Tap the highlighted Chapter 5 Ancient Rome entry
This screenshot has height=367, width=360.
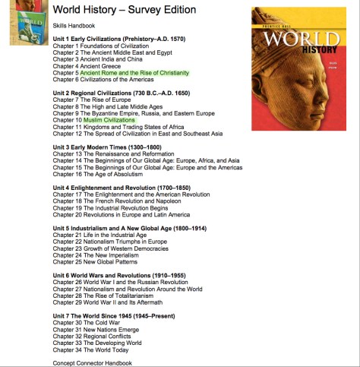(120, 72)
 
